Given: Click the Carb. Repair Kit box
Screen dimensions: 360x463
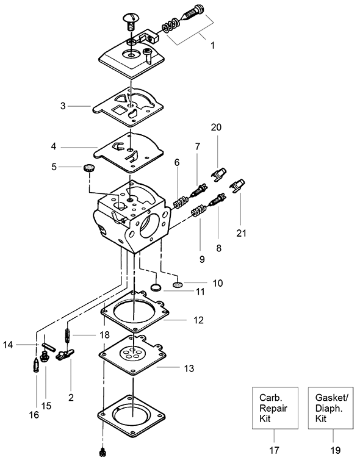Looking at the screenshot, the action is tap(275, 407).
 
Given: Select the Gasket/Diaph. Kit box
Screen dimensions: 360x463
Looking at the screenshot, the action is tap(331, 407).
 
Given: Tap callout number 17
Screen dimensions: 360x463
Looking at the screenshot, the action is tap(274, 450).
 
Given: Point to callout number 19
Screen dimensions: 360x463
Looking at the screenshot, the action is tap(336, 450).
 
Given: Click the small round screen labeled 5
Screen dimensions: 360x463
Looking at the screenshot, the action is tap(88, 168).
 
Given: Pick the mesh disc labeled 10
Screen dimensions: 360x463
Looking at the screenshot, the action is tap(178, 285).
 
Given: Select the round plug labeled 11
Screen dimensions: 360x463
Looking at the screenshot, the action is tap(156, 287).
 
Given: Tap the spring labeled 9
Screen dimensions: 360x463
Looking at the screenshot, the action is tap(198, 211).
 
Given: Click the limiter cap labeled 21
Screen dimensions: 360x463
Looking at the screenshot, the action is tap(237, 186).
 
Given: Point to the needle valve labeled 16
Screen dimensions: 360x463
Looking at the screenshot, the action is tap(35, 365).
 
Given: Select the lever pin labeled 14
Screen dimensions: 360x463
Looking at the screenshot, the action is tap(49, 346).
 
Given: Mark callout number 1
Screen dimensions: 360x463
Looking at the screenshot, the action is tap(212, 46).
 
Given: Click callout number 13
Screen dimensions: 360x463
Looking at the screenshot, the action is tap(189, 368).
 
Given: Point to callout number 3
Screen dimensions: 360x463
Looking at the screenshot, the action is tap(63, 106).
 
